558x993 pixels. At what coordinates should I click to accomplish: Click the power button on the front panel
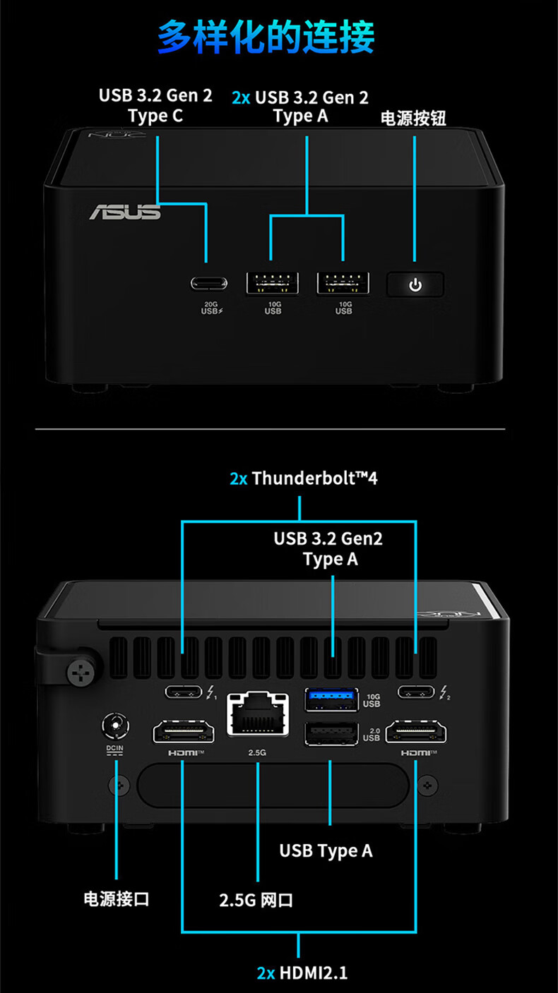pyautogui.click(x=415, y=284)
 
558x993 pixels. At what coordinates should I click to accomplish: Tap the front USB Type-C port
pyautogui.click(x=209, y=284)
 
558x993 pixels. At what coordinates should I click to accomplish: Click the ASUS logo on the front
pyautogui.click(x=125, y=211)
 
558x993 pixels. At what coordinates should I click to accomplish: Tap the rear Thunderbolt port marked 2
pyautogui.click(x=417, y=692)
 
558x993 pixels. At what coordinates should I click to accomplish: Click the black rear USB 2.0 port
pyautogui.click(x=331, y=735)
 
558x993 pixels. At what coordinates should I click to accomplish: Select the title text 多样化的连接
pyautogui.click(x=266, y=37)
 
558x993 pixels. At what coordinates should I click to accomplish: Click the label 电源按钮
pyautogui.click(x=414, y=117)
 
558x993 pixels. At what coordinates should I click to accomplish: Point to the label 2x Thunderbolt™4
pyautogui.click(x=304, y=478)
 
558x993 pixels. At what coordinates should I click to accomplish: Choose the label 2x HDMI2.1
pyautogui.click(x=302, y=973)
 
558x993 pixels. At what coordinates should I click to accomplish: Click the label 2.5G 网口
pyautogui.click(x=256, y=900)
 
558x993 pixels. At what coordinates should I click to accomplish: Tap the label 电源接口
pyautogui.click(x=116, y=898)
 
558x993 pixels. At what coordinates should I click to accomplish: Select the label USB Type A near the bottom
pyautogui.click(x=326, y=850)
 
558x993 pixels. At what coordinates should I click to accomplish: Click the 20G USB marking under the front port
pyautogui.click(x=210, y=308)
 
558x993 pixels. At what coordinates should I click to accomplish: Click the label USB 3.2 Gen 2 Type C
pyautogui.click(x=155, y=106)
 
